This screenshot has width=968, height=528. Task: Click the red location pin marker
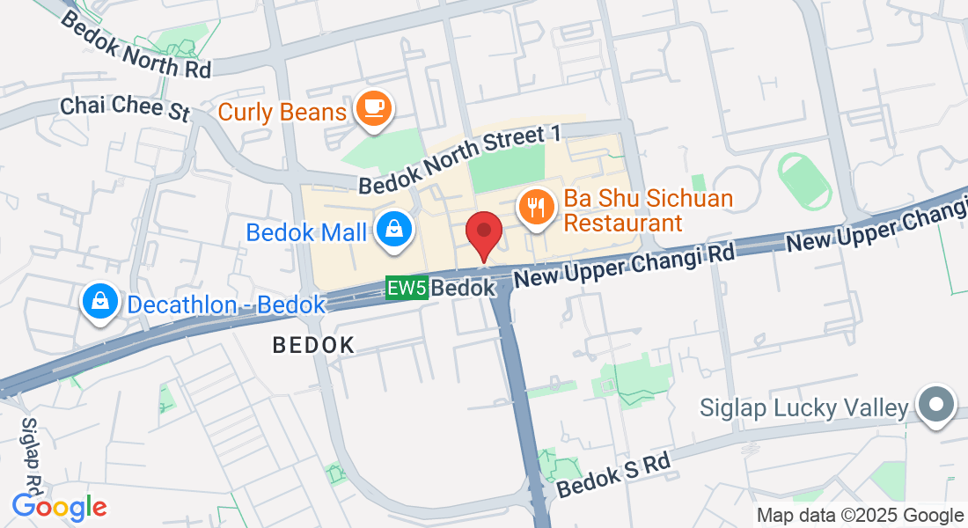coord(483,233)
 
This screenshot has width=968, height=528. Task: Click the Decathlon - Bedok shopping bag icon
coord(102,302)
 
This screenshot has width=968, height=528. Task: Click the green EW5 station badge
coord(407,288)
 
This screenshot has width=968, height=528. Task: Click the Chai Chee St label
coord(125,108)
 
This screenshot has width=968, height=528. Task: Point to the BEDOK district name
coord(313,345)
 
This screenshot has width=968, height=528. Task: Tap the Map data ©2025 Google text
coord(861,516)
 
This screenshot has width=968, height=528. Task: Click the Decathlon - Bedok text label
coord(226,305)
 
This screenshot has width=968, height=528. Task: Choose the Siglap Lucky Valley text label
coord(803,408)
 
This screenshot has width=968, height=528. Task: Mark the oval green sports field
coord(804,179)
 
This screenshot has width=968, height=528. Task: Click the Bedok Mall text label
coord(306,232)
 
